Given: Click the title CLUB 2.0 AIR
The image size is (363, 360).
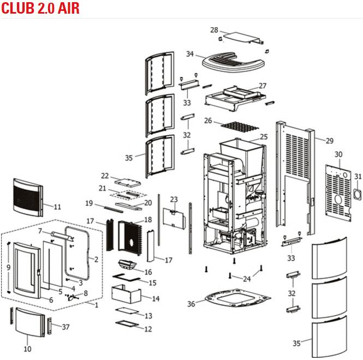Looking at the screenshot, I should [41, 9].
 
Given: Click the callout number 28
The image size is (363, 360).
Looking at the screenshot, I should [214, 29].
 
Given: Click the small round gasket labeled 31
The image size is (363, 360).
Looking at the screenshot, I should [356, 193].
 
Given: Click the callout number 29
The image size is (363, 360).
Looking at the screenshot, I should [329, 141].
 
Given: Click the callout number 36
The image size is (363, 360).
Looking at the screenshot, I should [191, 304].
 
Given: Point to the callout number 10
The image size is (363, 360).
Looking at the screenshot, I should [27, 349].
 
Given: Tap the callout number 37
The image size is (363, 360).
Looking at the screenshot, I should [66, 327].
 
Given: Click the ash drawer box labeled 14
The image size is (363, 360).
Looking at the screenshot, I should [126, 294].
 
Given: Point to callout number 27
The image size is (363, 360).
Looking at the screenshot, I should [263, 86].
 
